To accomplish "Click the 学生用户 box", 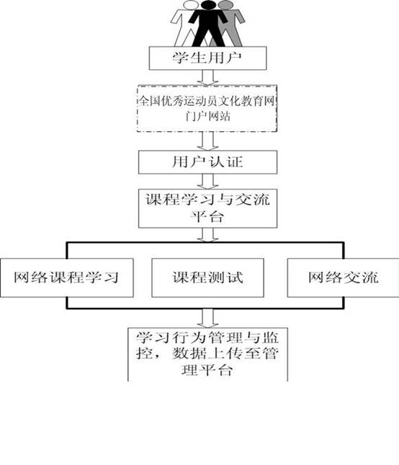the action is (207, 58).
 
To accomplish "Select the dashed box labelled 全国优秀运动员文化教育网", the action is (207, 109).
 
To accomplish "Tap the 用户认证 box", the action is (207, 162).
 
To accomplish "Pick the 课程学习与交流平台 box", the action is (207, 208).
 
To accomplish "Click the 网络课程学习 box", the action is (67, 278).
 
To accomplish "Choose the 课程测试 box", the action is (207, 278).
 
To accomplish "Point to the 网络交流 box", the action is (343, 278).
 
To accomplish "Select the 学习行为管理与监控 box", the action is (207, 355).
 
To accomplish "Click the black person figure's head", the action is (209, 5).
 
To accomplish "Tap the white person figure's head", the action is (190, 4).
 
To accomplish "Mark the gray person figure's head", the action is (225, 4).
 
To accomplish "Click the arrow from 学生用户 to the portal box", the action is (207, 78).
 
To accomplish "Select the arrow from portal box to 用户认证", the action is (207, 141).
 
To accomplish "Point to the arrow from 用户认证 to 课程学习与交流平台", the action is (207, 182).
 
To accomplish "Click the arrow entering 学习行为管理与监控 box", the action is (207, 319).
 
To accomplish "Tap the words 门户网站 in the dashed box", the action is (207, 116).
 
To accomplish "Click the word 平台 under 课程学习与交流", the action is (207, 217).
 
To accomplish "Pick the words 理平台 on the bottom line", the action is (207, 370).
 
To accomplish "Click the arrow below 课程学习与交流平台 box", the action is (207, 235).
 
